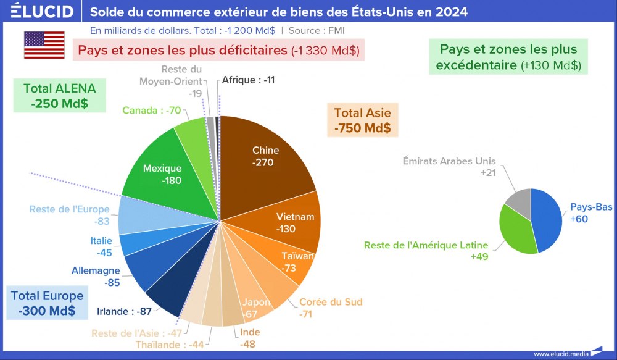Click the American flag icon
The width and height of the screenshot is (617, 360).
(44, 45)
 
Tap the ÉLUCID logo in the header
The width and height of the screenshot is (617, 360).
(43, 12)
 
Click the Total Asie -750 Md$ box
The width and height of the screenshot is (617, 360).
(362, 120)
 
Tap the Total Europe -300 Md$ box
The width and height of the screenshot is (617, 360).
(47, 303)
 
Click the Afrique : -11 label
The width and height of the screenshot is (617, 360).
(248, 80)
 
